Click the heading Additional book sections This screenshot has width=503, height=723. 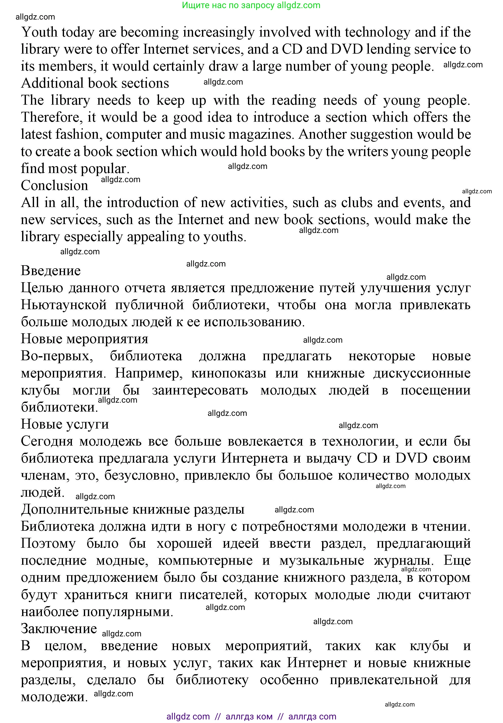(95, 83)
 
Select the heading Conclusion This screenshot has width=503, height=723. (54, 185)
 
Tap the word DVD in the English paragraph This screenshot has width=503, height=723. (347, 50)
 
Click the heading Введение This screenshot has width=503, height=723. (51, 271)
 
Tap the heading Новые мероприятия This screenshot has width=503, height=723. (84, 339)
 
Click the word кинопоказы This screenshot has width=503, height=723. (229, 373)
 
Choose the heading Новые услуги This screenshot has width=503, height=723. (65, 425)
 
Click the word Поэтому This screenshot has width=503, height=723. (48, 543)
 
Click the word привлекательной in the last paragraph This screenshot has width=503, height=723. (384, 680)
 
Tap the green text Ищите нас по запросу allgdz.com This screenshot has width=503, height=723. (251, 5)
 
